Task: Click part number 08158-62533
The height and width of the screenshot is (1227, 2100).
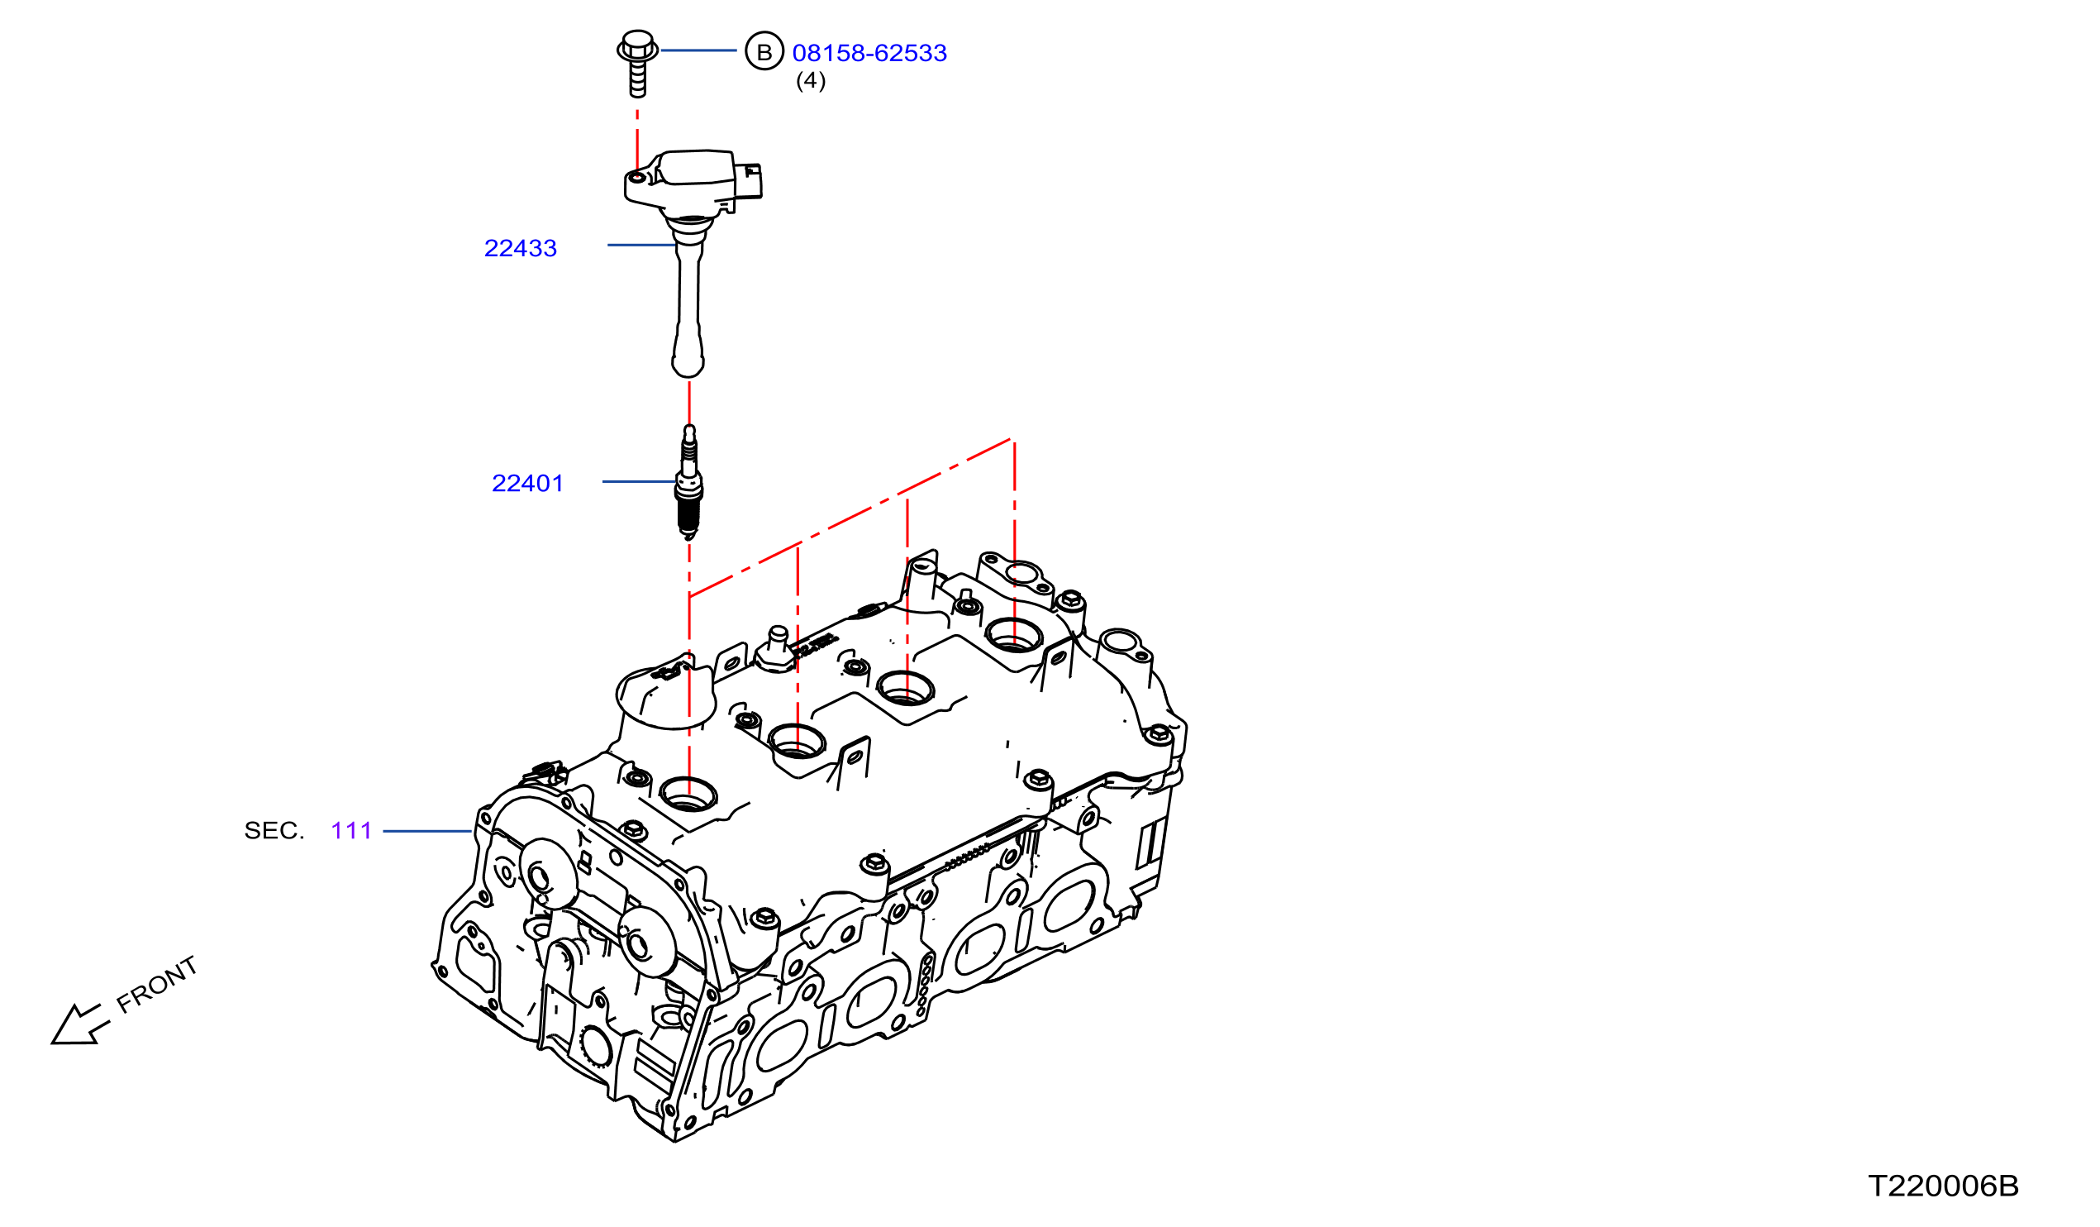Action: click(869, 54)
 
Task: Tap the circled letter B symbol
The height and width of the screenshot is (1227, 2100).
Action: click(764, 52)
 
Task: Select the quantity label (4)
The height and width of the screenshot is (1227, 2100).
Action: click(811, 81)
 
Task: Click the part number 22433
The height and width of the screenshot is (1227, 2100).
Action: click(520, 248)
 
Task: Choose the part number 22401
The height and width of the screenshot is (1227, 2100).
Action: click(527, 484)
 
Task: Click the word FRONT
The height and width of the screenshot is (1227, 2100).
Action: click(157, 985)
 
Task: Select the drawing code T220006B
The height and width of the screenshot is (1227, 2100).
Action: click(1943, 1186)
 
